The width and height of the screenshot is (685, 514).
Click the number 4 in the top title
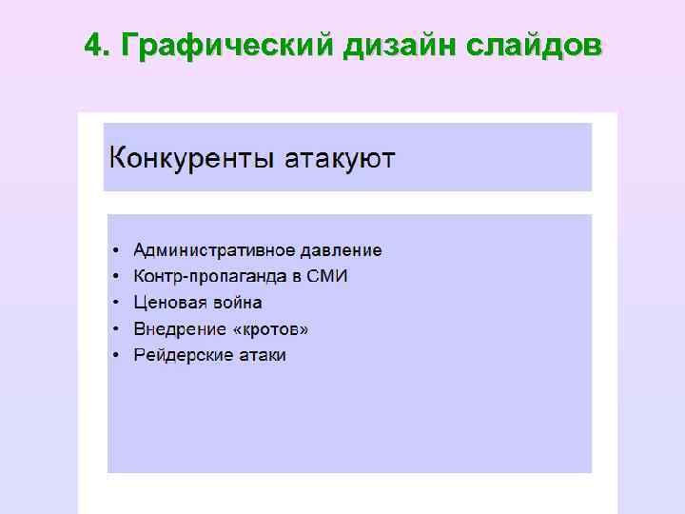pyautogui.click(x=92, y=45)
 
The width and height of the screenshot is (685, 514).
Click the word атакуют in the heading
pyautogui.click(x=342, y=157)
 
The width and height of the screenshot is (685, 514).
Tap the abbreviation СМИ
pyautogui.click(x=328, y=277)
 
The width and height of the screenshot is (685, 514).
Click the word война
pyautogui.click(x=236, y=303)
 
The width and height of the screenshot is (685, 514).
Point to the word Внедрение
pyautogui.click(x=179, y=329)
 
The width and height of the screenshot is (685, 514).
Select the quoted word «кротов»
pyautogui.click(x=270, y=329)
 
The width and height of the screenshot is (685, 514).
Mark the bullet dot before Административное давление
pyautogui.click(x=116, y=251)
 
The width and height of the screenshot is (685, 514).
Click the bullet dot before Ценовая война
pyautogui.click(x=116, y=304)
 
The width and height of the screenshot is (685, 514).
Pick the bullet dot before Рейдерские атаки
pyautogui.click(x=116, y=356)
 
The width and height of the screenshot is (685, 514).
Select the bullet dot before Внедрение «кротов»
pyautogui.click(x=116, y=330)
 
